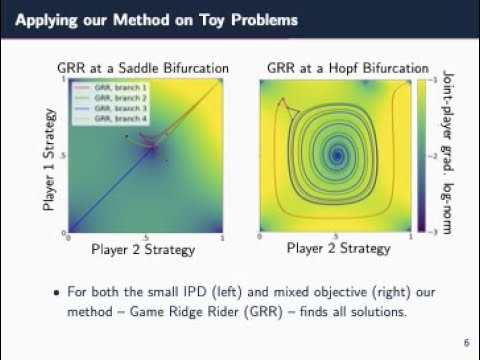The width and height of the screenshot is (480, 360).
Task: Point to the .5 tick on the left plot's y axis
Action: click(x=61, y=156)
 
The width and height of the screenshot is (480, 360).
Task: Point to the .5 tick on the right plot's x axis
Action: click(x=336, y=238)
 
